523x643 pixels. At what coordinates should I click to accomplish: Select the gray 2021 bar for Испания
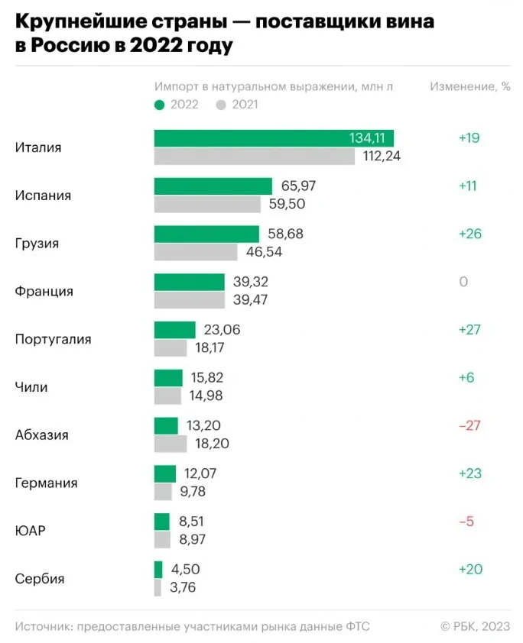207,205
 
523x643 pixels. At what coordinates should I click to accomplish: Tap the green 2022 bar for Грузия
206,234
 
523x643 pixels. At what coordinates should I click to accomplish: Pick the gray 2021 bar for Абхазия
171,444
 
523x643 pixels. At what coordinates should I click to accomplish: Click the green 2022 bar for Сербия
158,570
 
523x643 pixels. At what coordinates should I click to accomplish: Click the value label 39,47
251,300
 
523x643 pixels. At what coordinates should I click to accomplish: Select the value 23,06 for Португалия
223,330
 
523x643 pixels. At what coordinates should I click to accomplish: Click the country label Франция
44,292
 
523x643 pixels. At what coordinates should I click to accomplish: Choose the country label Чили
31,387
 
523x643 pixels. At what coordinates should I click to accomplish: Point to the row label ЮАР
31,531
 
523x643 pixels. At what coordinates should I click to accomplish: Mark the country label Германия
47,483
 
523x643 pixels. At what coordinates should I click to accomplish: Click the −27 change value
469,425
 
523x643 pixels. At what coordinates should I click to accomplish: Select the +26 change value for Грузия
469,234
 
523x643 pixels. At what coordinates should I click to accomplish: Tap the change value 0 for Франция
463,282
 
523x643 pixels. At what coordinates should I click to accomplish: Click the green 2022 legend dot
159,105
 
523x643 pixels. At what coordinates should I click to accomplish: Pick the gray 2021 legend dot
222,105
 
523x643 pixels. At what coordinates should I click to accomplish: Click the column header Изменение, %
469,86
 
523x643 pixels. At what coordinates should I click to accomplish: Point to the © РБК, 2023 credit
475,626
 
